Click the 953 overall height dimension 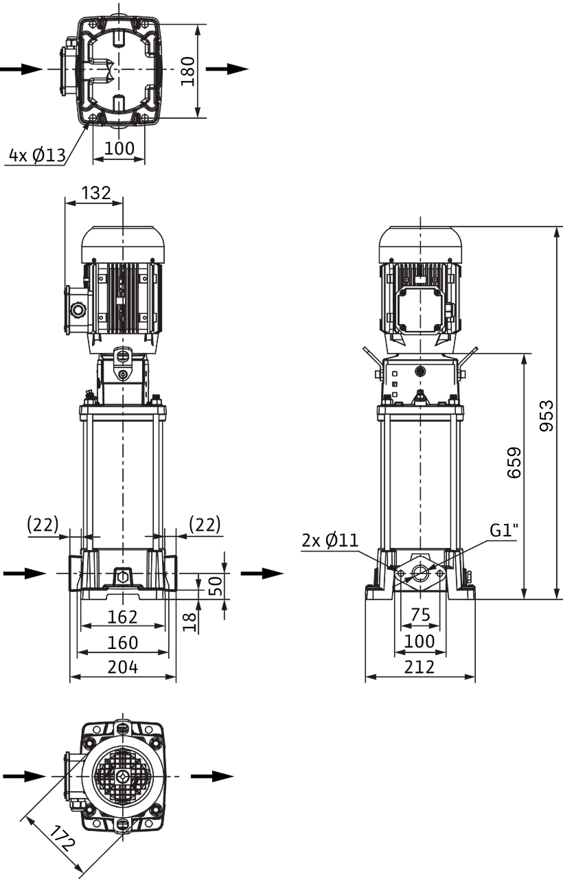point(546,416)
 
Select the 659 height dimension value point(514,463)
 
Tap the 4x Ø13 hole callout point(37,155)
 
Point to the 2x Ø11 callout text point(330,540)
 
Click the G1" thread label point(504,531)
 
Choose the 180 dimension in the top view point(188,71)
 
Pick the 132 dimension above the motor point(96,193)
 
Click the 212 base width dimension point(420,667)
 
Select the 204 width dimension point(123,667)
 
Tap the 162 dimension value point(123,617)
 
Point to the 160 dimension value point(123,642)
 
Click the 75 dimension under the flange point(421,615)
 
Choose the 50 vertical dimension point(215,586)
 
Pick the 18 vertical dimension point(189,622)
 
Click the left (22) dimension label point(43,524)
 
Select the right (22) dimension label point(205,524)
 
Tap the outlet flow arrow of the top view point(227,69)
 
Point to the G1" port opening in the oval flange point(420,574)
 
